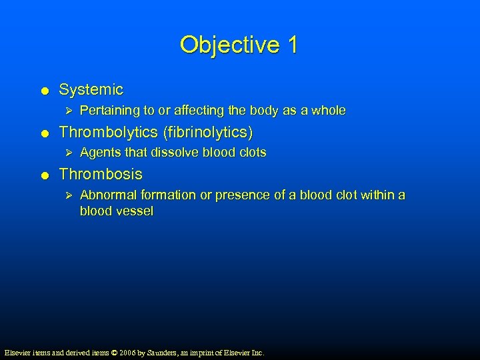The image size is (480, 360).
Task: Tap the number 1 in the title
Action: click(x=292, y=45)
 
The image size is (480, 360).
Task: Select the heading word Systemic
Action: click(x=91, y=89)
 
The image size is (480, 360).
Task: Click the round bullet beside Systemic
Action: click(x=43, y=90)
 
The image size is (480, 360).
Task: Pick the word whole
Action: click(x=329, y=111)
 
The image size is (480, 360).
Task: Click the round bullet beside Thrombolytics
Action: click(x=43, y=133)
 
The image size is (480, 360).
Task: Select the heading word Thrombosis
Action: click(x=101, y=174)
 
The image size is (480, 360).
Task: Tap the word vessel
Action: click(x=135, y=211)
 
